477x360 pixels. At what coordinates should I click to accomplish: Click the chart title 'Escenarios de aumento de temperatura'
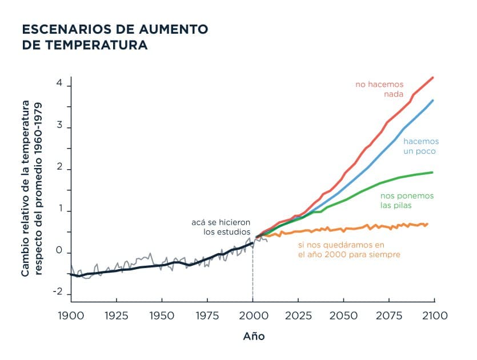coord(114,37)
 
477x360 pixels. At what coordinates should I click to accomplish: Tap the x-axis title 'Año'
coord(254,336)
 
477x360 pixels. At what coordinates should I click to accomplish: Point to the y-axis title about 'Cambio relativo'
coord(32,188)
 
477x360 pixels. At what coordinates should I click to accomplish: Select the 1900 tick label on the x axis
coord(70,315)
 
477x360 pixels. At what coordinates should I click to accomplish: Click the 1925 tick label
coord(116,315)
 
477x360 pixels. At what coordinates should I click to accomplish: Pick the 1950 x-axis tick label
coord(162,315)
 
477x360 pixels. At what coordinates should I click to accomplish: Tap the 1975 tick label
coord(207,315)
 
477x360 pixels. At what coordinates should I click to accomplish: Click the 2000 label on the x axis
coord(253,315)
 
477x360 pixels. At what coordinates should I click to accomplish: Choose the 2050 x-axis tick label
coord(343,315)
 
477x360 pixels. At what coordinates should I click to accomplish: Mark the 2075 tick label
coord(388,315)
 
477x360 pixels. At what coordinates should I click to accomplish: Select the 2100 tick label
coord(434,315)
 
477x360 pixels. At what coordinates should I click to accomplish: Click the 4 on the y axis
coord(59,83)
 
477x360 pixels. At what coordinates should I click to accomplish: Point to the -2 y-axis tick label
coord(57,292)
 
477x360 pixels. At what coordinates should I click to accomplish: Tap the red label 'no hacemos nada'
coord(379,89)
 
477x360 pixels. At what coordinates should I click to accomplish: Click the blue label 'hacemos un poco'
coord(419,146)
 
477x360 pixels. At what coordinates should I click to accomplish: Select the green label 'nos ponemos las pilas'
coord(407,200)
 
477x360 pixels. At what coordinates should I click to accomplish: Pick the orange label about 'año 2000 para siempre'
coord(348,249)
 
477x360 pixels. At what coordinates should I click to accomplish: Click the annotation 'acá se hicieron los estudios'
coord(221,227)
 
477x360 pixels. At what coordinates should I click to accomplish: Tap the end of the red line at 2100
coord(433,77)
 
